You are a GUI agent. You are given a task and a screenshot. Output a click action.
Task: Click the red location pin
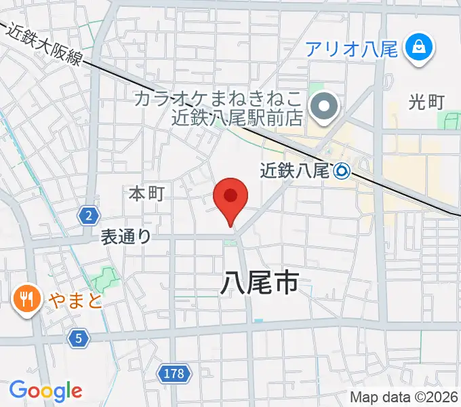click(x=230, y=198)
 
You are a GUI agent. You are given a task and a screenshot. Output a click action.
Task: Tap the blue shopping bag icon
click(x=418, y=47)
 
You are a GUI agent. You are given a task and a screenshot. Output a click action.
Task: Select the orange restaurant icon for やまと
click(x=26, y=298)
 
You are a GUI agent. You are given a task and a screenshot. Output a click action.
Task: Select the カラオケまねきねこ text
click(x=217, y=98)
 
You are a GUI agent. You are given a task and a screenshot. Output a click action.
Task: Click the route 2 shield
click(x=88, y=216)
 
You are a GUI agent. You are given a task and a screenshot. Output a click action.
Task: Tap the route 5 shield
click(x=79, y=338)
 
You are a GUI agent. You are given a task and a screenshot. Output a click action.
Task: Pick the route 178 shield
click(x=175, y=373)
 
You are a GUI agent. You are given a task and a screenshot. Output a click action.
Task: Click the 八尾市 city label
click(x=259, y=282)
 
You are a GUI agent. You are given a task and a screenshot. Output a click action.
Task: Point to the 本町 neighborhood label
click(x=146, y=194)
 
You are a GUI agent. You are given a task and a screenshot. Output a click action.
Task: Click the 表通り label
click(x=126, y=236)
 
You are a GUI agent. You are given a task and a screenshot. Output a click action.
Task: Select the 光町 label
click(x=426, y=102)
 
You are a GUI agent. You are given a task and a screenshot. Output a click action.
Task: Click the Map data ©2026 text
click(x=404, y=398)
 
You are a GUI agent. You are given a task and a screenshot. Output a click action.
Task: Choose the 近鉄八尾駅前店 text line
click(x=226, y=118)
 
